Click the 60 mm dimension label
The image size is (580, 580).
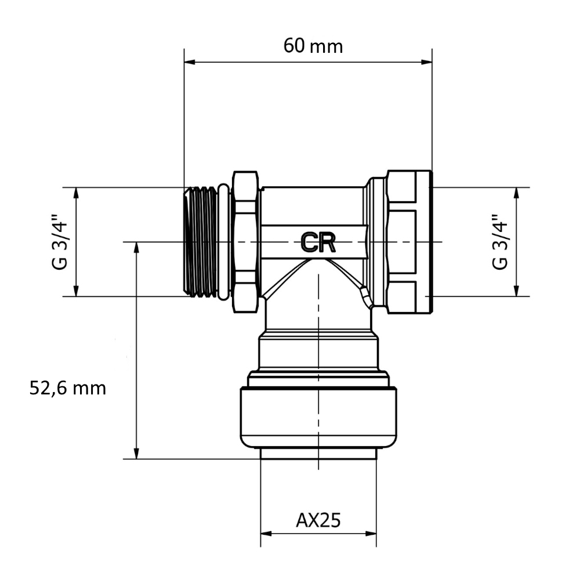[x=313, y=46]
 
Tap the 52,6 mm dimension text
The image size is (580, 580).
[x=68, y=389]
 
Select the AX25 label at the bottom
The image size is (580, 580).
[x=318, y=520]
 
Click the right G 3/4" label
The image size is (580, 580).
[x=500, y=241]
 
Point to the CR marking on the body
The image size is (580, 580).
[x=318, y=242]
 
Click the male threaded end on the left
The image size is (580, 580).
[x=201, y=241]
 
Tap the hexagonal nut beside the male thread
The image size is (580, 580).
[x=245, y=242]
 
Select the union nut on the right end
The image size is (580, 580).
[x=409, y=242]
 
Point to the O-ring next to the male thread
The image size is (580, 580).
[x=224, y=241]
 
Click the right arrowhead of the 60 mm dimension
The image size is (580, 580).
[x=427, y=62]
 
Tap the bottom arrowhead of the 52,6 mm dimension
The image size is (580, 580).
[x=137, y=454]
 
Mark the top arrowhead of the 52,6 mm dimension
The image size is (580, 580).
[x=137, y=248]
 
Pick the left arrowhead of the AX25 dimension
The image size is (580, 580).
[x=266, y=534]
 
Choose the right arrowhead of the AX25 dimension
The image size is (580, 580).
[x=371, y=534]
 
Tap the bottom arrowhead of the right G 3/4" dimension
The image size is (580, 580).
[x=517, y=291]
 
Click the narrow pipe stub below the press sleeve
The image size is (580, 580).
[x=318, y=454]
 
